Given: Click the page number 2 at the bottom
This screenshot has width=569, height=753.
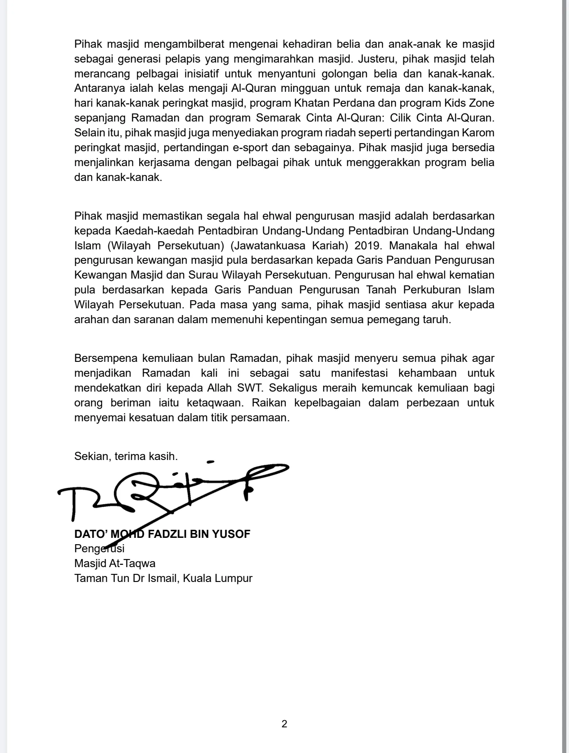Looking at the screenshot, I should [284, 724].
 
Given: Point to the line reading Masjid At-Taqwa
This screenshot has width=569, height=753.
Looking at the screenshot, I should [115, 563].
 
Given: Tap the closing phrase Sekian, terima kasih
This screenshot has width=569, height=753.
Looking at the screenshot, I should [126, 456].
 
